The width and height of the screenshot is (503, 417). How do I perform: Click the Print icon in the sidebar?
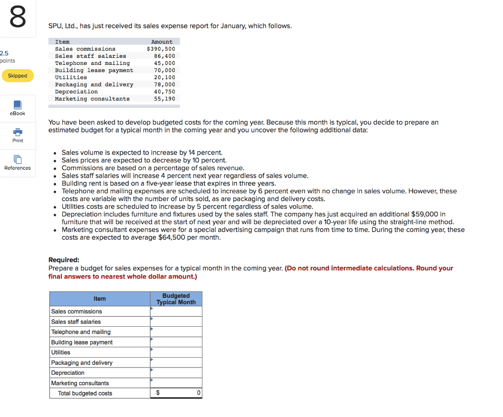click(x=18, y=132)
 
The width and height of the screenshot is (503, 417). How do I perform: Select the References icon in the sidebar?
click(x=18, y=160)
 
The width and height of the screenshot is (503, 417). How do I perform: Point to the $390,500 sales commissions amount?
click(x=161, y=49)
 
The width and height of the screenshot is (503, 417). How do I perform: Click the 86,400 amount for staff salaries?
click(x=165, y=56)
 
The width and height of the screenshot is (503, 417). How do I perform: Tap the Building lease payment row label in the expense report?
click(x=94, y=70)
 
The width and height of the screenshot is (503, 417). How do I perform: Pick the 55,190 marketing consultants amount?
click(x=165, y=99)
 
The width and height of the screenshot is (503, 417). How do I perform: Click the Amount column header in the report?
click(x=162, y=42)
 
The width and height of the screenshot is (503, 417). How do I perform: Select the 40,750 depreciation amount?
click(x=165, y=92)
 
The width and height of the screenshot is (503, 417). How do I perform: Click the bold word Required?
click(x=64, y=260)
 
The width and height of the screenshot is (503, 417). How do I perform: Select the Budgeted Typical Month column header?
click(x=176, y=299)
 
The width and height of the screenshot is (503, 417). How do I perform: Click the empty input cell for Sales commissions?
click(x=176, y=312)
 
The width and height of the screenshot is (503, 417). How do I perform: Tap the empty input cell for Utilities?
click(x=176, y=352)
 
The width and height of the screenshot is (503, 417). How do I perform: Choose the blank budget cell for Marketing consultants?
click(x=176, y=383)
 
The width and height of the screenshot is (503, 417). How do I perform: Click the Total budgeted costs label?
click(x=85, y=393)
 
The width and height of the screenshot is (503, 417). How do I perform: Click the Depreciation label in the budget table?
click(x=68, y=373)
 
